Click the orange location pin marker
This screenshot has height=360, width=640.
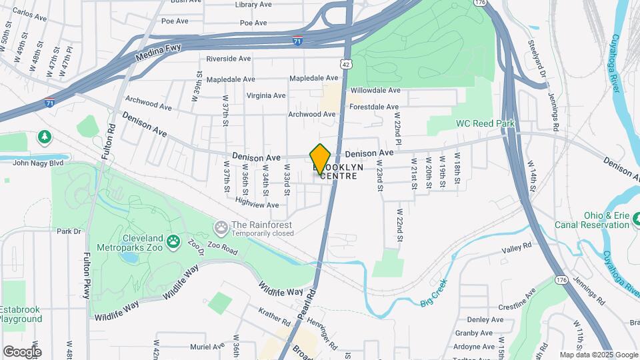(x=321, y=159)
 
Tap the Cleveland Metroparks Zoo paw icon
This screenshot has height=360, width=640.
(x=174, y=241)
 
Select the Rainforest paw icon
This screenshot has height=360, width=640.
(x=221, y=229)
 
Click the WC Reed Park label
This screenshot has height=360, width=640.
(x=485, y=124)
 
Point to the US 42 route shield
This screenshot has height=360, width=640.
(x=343, y=64)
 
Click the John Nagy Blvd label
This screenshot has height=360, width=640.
(x=37, y=162)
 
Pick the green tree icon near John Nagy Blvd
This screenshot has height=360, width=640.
(x=45, y=136)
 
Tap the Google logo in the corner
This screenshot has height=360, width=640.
(x=22, y=351)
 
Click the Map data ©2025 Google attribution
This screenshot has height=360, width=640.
(x=598, y=355)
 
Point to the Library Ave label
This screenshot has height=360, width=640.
(x=253, y=5)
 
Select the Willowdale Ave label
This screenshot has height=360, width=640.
(x=375, y=90)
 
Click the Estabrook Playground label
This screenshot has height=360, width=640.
(x=21, y=314)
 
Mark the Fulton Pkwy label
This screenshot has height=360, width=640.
(x=87, y=275)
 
